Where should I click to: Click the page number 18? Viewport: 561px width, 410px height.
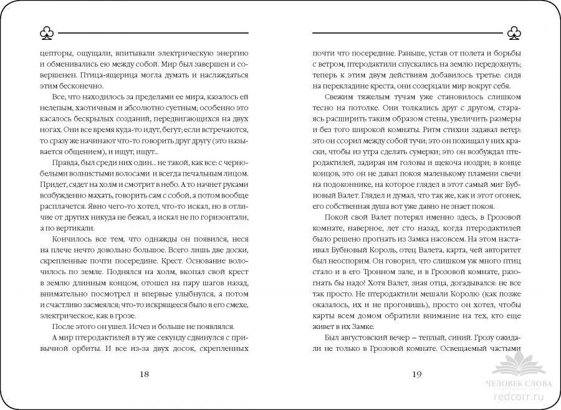coord(144,374)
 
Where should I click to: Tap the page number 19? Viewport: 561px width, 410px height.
coord(417,374)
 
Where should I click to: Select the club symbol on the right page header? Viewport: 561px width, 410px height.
coord(515,33)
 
